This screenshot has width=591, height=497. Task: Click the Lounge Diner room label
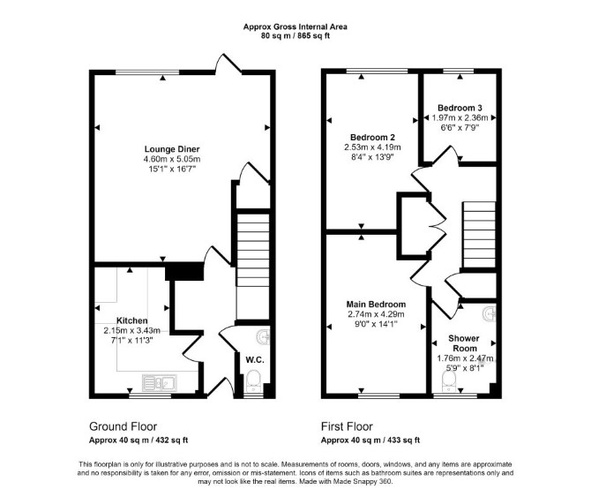[x=172, y=149]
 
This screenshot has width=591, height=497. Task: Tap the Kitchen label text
[x=132, y=321]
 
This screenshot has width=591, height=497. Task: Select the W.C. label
[x=255, y=360]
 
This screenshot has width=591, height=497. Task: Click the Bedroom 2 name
[x=372, y=137]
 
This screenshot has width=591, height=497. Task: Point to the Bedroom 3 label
[x=460, y=108]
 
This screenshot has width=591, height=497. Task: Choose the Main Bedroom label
[x=376, y=305]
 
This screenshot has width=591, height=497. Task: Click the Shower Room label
[x=464, y=343]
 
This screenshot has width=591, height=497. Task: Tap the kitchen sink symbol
[x=160, y=383]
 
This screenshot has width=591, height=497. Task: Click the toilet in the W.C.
[x=253, y=380]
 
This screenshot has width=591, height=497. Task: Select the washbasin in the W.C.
[x=263, y=337]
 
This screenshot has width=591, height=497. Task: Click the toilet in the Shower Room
[x=449, y=381]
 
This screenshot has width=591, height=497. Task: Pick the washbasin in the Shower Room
[x=490, y=314]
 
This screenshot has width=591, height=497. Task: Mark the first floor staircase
[x=479, y=235]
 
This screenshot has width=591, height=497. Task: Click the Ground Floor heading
[x=123, y=426]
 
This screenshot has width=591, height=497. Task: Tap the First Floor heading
[x=347, y=426]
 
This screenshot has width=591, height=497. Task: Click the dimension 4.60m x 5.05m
[x=172, y=159]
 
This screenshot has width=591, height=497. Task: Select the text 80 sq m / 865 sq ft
[x=295, y=36]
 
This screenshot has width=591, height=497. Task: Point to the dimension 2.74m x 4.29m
[x=376, y=314]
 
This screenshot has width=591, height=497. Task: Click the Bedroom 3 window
[x=459, y=71]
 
